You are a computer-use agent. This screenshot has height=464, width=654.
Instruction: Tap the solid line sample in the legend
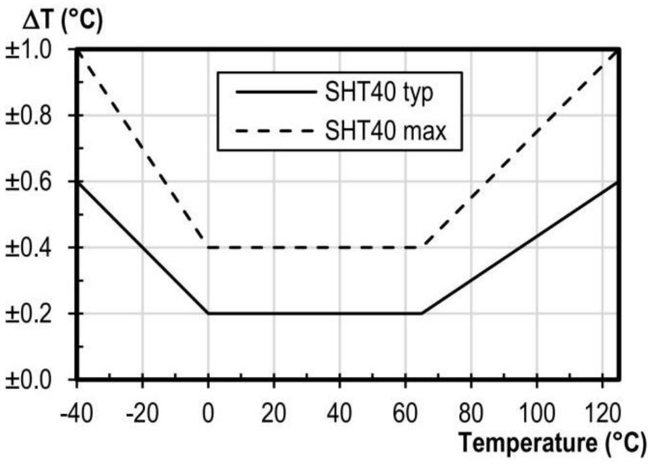275,93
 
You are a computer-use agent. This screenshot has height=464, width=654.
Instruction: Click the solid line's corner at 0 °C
208,314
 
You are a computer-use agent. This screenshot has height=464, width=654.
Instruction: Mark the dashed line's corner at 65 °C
421,248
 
